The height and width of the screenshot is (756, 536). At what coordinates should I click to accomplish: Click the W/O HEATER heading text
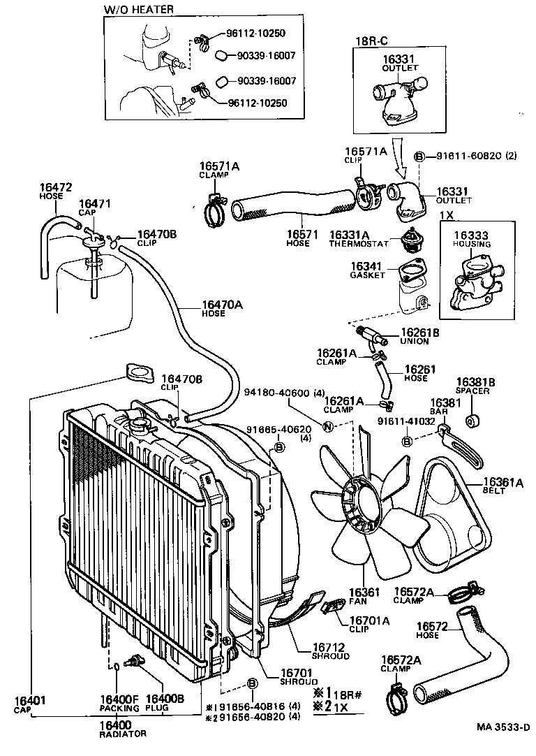tap(139, 9)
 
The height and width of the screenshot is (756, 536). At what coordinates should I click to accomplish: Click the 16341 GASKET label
tap(368, 270)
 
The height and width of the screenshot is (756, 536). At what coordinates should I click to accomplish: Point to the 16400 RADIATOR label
tap(123, 729)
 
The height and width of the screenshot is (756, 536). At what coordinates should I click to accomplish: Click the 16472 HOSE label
tap(55, 191)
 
